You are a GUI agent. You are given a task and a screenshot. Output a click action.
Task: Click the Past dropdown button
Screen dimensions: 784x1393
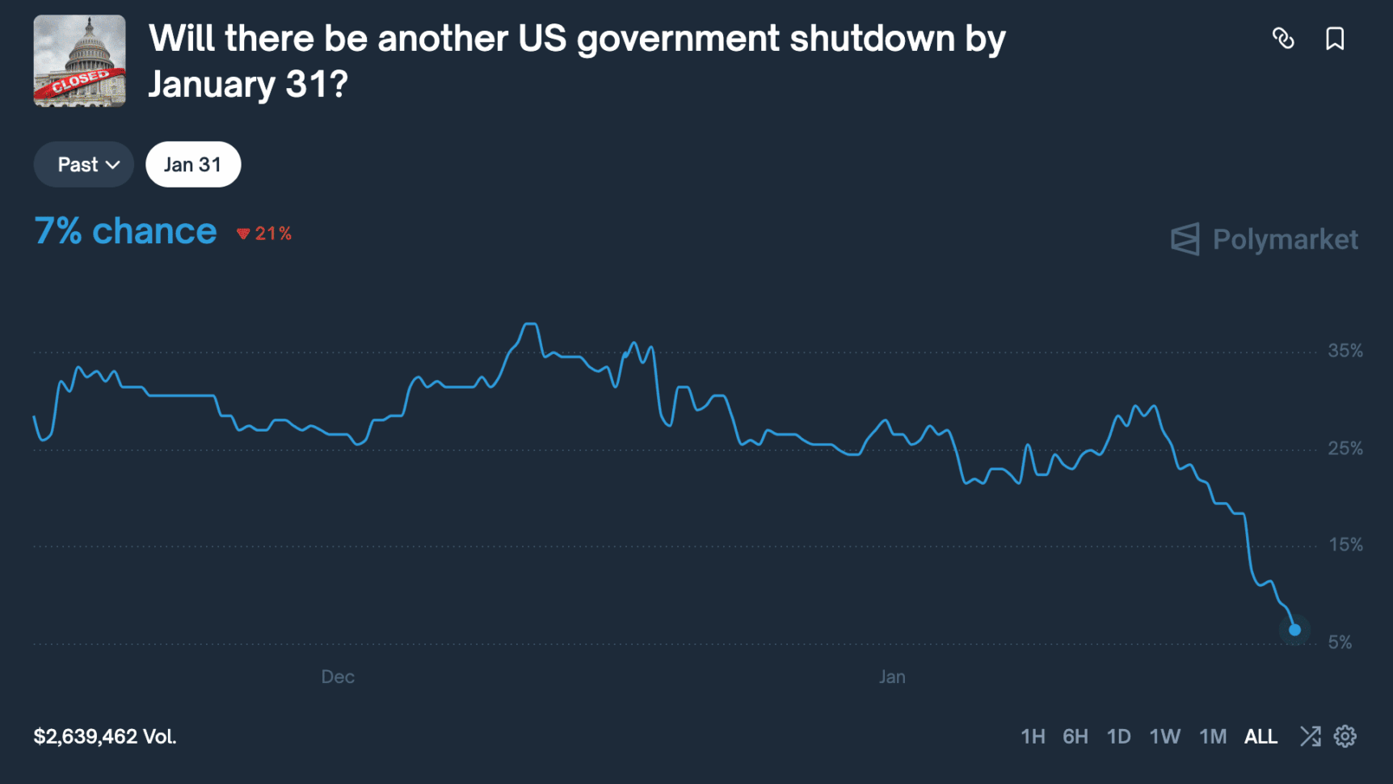[x=84, y=165]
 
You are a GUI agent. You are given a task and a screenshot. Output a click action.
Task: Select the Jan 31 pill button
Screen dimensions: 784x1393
[x=193, y=165]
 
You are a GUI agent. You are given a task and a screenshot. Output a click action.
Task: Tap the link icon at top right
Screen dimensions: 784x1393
[x=1283, y=39]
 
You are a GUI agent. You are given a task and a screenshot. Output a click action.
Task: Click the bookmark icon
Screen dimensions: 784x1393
[x=1335, y=39]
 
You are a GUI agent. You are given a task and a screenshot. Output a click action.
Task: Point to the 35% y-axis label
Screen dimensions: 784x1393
[x=1345, y=351]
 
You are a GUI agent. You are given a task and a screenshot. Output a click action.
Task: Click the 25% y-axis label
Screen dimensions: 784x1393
[x=1345, y=449]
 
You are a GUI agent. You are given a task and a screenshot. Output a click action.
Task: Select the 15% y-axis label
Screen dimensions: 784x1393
[x=1345, y=546]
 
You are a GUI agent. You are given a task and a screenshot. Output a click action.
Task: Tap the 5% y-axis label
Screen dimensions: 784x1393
[x=1340, y=643]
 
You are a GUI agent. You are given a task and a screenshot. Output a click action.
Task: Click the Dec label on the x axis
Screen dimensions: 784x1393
[x=338, y=677]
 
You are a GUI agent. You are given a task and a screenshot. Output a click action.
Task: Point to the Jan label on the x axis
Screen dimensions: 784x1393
[x=892, y=677]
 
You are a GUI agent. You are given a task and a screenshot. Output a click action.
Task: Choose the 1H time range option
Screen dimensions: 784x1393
[x=1033, y=737]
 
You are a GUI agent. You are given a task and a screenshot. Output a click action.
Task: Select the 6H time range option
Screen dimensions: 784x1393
[x=1075, y=737]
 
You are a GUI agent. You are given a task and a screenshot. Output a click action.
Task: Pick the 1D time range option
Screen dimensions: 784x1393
[x=1119, y=737]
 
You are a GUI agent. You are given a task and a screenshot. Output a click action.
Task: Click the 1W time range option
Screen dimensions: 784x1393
[x=1165, y=737]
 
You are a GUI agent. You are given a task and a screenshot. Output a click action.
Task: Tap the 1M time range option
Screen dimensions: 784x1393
[x=1213, y=737]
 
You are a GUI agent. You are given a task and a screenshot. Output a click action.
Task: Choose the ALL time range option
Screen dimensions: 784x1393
[x=1260, y=737]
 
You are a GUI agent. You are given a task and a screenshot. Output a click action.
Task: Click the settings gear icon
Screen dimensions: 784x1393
[x=1345, y=736]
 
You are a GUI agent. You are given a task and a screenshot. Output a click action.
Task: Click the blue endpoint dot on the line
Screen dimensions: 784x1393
[x=1294, y=630]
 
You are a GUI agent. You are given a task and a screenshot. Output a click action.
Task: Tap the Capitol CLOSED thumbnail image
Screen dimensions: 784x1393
[x=79, y=61]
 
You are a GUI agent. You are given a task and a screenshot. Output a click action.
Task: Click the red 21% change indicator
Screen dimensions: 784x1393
[x=264, y=234]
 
